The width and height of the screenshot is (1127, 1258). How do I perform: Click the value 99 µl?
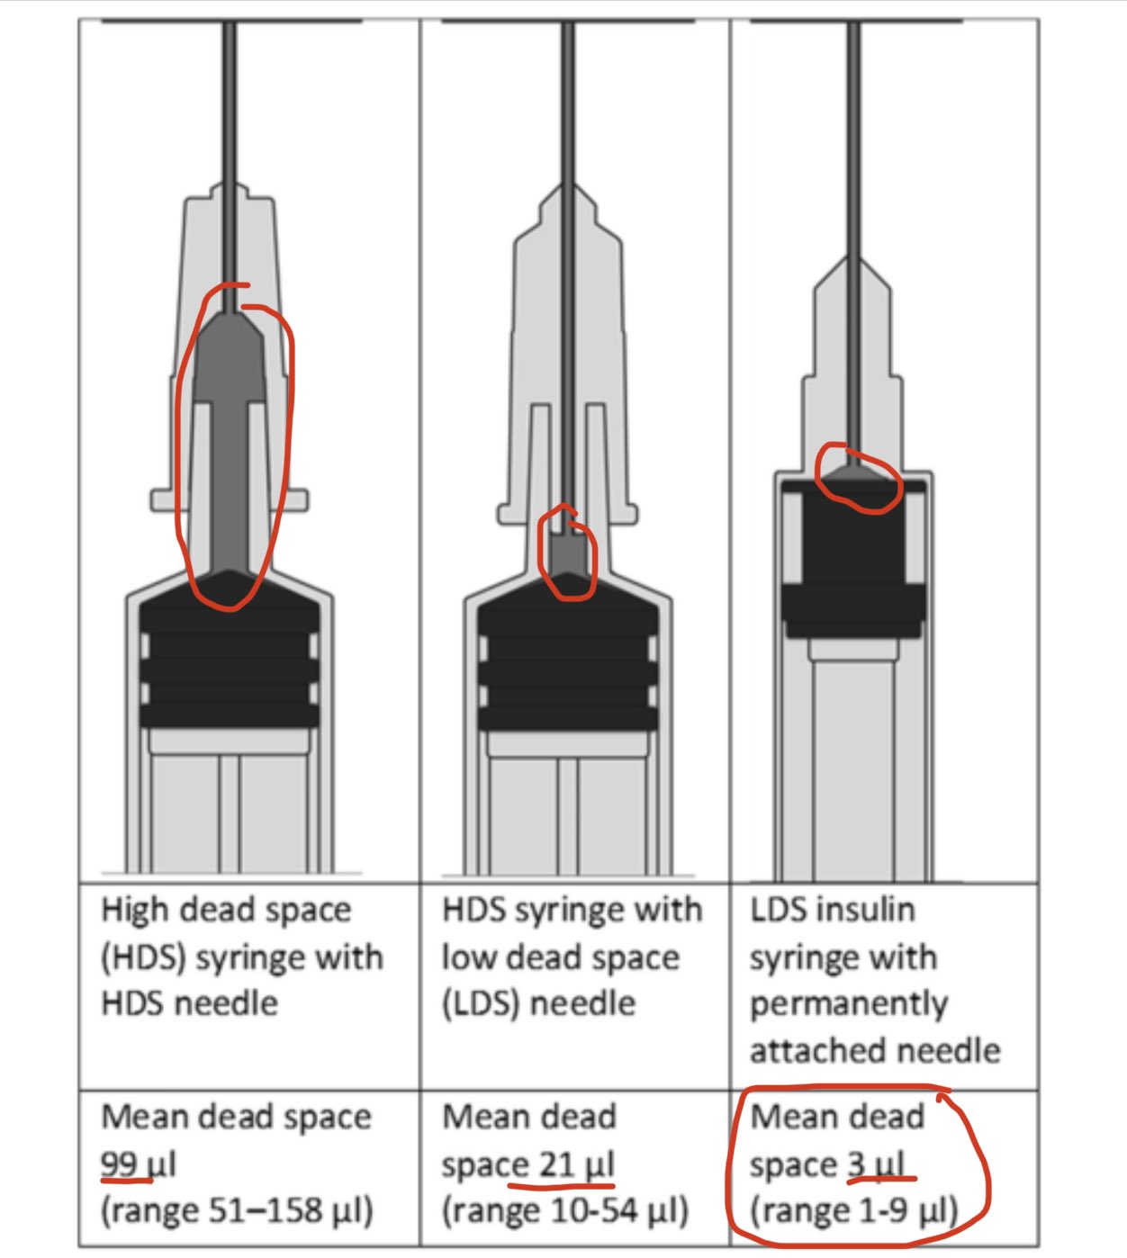(x=139, y=1163)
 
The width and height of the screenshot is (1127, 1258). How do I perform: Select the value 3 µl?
(x=875, y=1163)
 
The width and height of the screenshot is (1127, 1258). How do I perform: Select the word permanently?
(x=849, y=1005)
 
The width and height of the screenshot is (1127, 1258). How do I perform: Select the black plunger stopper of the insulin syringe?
(x=853, y=559)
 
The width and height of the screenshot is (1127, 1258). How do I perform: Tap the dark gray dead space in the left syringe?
(x=230, y=435)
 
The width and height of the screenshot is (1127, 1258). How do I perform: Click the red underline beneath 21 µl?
(x=561, y=1186)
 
